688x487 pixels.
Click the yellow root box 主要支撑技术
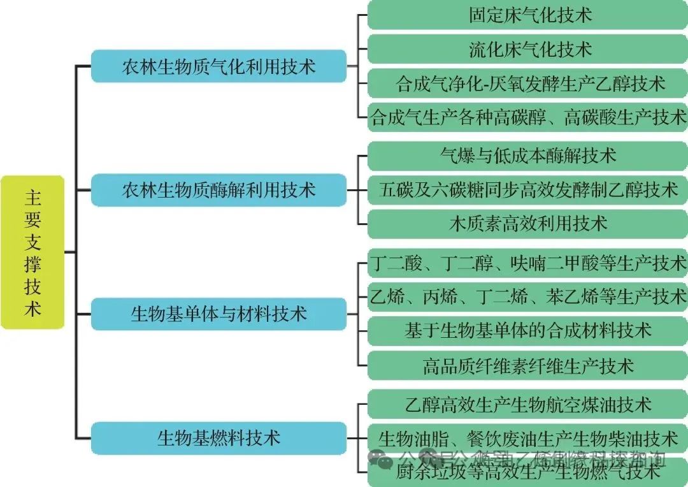point(32,252)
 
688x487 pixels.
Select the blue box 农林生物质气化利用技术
point(219,66)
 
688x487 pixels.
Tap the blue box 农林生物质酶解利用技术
point(219,190)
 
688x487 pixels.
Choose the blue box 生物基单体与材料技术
point(219,314)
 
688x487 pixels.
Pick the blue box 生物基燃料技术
point(219,438)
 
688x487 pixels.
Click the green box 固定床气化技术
point(528,15)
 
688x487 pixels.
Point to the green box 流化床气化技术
point(528,49)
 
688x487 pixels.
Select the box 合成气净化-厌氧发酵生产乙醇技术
point(528,84)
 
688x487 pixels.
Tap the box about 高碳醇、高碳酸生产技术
point(528,117)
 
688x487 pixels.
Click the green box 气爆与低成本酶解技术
point(528,155)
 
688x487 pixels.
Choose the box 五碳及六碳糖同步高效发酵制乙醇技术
point(528,189)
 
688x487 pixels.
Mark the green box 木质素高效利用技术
point(528,224)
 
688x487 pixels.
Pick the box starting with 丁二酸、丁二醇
point(528,262)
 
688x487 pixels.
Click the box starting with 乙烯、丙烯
point(528,296)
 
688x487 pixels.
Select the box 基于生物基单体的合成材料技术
point(528,330)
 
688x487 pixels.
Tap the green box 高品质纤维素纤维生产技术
point(528,365)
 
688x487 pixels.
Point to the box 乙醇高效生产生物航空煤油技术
point(528,404)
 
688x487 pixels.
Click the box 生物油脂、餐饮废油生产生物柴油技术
point(528,438)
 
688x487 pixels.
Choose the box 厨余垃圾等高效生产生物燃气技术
point(528,472)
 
